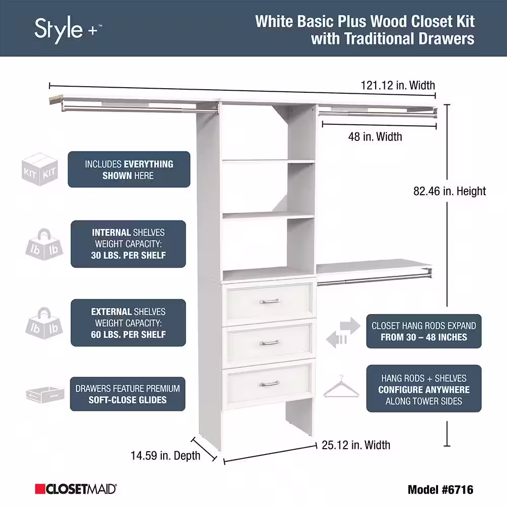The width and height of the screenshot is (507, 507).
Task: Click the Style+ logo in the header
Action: (68, 30)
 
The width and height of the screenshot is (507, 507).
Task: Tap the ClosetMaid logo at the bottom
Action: (76, 489)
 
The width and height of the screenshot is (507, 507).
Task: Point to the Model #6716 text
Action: (441, 490)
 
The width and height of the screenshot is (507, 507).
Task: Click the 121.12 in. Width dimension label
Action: (397, 85)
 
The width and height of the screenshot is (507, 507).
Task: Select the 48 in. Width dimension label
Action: (375, 136)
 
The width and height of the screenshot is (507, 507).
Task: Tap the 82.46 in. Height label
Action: (449, 191)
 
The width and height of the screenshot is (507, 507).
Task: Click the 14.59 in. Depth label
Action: (165, 456)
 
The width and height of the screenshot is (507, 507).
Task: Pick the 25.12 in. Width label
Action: (356, 445)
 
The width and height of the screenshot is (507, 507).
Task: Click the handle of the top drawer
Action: (269, 301)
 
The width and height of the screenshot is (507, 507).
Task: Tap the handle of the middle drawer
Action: (269, 342)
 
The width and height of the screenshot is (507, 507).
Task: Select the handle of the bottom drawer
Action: (269, 383)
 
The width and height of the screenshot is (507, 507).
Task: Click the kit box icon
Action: (40, 169)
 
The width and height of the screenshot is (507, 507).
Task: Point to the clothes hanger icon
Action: (341, 386)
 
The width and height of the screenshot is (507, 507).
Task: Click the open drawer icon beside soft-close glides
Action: (45, 394)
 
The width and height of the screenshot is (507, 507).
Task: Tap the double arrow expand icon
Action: (343, 333)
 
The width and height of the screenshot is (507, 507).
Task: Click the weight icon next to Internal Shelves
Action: (44, 244)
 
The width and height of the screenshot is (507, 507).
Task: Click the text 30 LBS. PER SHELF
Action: (128, 256)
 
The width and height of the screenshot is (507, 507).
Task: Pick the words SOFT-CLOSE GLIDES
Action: (128, 400)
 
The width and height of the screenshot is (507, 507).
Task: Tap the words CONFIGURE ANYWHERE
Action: (424, 389)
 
